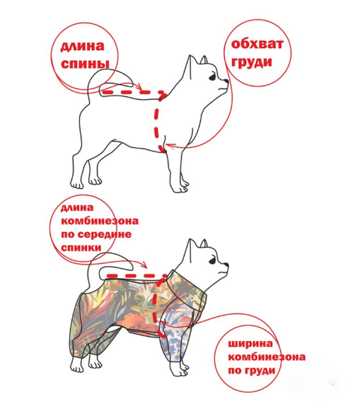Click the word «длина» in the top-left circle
click(x=83, y=47)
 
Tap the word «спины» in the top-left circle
click(x=85, y=64)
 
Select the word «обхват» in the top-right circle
click(x=257, y=44)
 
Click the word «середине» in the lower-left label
click(x=105, y=234)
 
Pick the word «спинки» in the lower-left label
click(x=81, y=248)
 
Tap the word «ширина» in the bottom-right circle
click(x=250, y=343)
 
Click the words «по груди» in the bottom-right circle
click(x=252, y=371)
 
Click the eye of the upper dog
click(x=213, y=77)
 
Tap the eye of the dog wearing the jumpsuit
click(x=213, y=261)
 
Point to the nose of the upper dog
click(x=226, y=81)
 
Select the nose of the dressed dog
click(x=226, y=265)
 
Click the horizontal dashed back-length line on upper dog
click(x=134, y=93)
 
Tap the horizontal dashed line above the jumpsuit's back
click(x=137, y=276)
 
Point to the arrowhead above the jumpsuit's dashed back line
click(x=144, y=265)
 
